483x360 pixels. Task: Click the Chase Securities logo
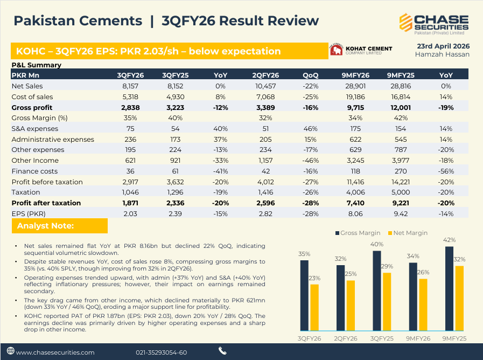coord(433,23)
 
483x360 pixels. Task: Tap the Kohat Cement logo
coord(361,51)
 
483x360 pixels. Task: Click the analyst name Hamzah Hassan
coord(442,54)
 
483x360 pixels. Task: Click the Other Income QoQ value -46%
coord(310,161)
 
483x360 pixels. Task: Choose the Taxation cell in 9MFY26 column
coord(358,192)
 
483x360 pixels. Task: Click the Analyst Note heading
coord(45,226)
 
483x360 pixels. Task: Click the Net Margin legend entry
coord(407,233)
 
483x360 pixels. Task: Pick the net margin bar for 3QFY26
coord(314,307)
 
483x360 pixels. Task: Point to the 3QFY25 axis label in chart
coord(381,338)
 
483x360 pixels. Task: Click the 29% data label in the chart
coord(387,267)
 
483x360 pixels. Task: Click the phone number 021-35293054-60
coord(162,352)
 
